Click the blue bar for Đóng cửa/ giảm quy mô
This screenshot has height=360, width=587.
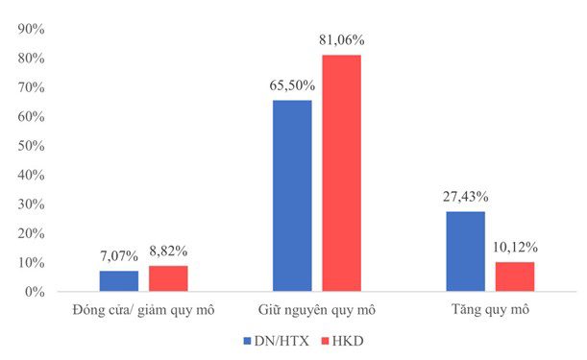(x=119, y=280)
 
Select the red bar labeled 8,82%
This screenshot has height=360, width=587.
(x=168, y=278)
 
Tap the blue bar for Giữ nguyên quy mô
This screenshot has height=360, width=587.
(x=292, y=196)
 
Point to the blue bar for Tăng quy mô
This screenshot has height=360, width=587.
(x=465, y=252)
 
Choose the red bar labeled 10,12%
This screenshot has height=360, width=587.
(x=515, y=276)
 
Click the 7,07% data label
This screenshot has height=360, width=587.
(x=119, y=256)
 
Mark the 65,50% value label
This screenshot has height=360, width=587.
(x=292, y=85)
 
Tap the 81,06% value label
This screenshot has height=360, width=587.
(x=341, y=40)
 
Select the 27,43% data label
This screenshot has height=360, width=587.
(x=465, y=197)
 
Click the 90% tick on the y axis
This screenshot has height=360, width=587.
(x=31, y=29)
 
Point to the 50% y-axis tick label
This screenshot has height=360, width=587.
(x=31, y=146)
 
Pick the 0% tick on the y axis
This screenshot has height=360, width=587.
(x=35, y=292)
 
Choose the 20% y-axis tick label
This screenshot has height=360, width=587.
(x=31, y=233)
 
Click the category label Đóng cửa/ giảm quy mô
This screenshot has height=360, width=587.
(x=144, y=311)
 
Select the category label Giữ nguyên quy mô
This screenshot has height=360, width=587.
(x=317, y=311)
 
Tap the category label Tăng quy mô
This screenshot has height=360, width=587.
(x=490, y=310)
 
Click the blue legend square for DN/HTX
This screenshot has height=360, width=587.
(x=247, y=342)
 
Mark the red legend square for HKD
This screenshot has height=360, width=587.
(x=325, y=342)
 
